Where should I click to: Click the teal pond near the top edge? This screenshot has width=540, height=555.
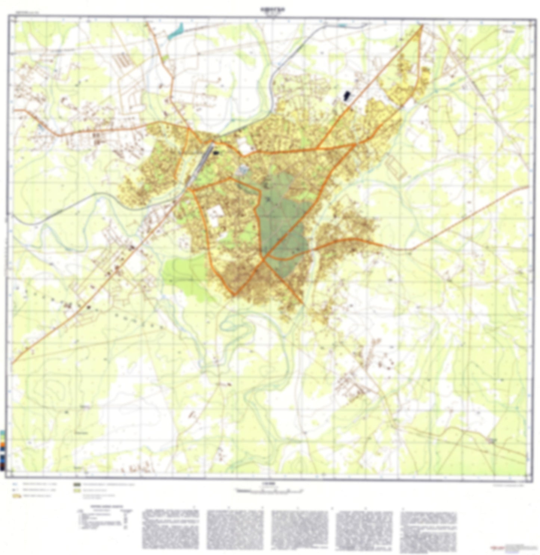176,32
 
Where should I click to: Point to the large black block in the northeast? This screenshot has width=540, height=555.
347,95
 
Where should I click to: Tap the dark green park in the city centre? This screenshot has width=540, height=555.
282,225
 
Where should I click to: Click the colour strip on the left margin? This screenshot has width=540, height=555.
3,449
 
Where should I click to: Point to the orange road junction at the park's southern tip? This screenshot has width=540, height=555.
263,258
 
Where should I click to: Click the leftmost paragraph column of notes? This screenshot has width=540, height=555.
170,528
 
